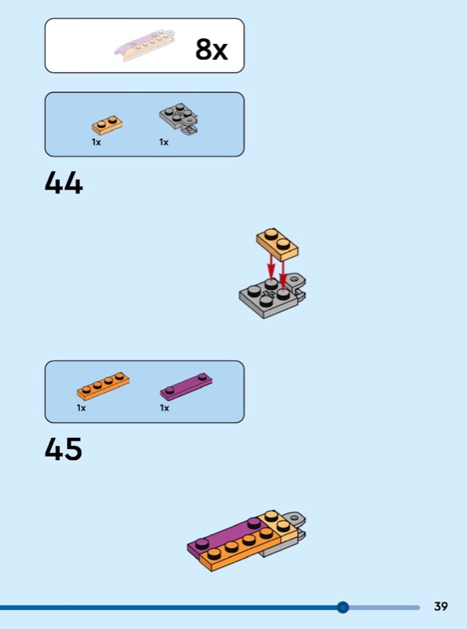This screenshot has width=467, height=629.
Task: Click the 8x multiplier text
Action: [x=211, y=50]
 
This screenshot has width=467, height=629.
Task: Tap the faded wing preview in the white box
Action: [x=145, y=45]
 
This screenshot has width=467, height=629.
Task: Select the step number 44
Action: [x=64, y=182]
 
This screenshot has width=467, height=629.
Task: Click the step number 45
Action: [x=64, y=448]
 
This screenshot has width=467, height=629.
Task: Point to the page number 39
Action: [x=441, y=606]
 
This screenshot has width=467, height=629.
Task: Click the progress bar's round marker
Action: [x=343, y=607]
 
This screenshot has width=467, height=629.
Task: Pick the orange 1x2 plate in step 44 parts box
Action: [x=107, y=125]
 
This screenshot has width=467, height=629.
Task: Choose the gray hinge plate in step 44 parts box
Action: [x=179, y=120]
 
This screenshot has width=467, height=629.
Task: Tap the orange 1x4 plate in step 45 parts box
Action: [x=103, y=386]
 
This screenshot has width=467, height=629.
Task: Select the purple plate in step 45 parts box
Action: [x=187, y=387]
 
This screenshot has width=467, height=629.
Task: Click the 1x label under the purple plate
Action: [x=165, y=408]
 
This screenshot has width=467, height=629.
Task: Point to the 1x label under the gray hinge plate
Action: [x=164, y=142]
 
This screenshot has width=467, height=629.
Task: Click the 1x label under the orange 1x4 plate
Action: [x=81, y=408]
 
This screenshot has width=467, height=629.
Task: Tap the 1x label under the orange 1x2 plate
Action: [x=96, y=142]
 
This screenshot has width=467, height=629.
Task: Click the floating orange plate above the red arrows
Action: [x=277, y=243]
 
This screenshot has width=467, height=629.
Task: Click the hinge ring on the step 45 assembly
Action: [x=295, y=518]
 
